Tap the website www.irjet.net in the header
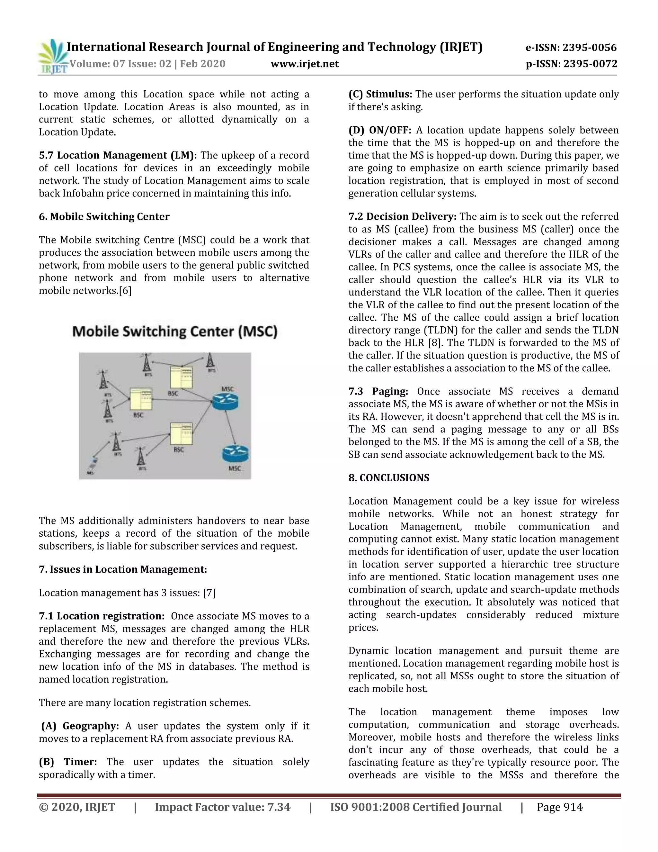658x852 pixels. pyautogui.click(x=305, y=64)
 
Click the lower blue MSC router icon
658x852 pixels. pyautogui.click(x=236, y=454)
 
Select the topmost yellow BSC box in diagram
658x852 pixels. pyautogui.click(x=181, y=377)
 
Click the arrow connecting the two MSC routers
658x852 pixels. pyautogui.click(x=230, y=427)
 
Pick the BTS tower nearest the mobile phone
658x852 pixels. pyautogui.click(x=115, y=442)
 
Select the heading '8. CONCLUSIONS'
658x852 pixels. pyautogui.click(x=389, y=478)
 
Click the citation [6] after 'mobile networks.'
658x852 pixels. pyautogui.click(x=125, y=291)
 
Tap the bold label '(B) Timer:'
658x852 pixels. pyautogui.click(x=68, y=762)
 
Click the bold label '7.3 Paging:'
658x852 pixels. pyautogui.click(x=378, y=391)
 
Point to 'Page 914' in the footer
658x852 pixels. pyautogui.click(x=559, y=807)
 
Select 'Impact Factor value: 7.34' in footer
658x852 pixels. pyautogui.click(x=223, y=807)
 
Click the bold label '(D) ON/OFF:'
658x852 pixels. pyautogui.click(x=380, y=130)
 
